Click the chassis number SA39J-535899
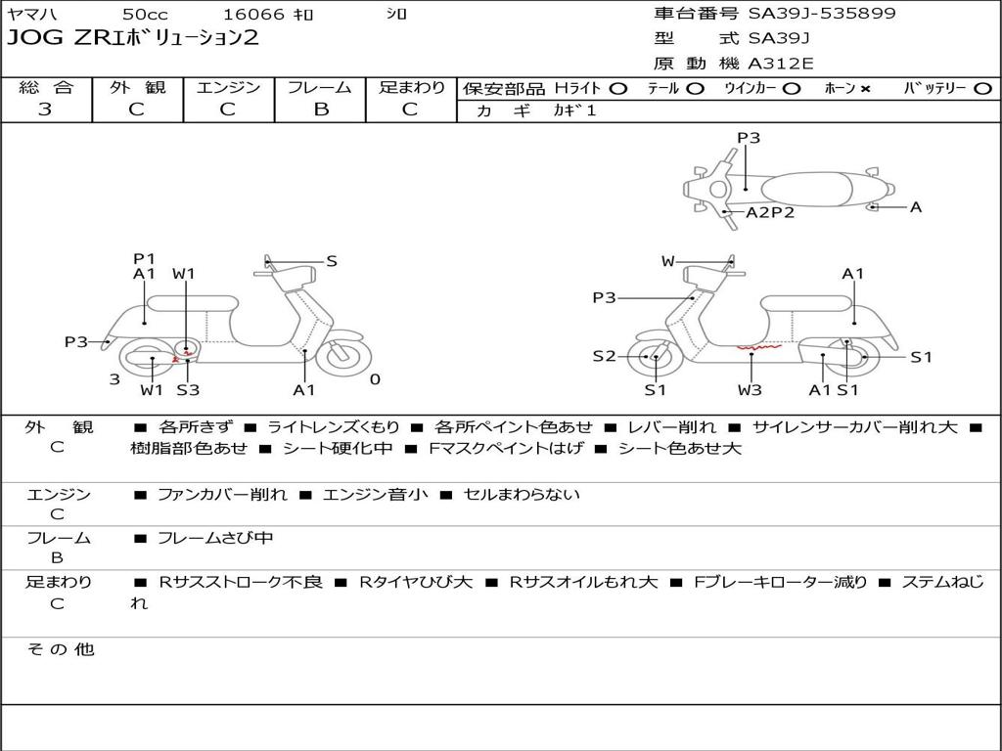tap(822, 14)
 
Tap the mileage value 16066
tap(253, 15)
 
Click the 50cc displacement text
tap(144, 15)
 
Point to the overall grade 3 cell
tap(45, 110)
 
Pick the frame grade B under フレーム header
tap(320, 110)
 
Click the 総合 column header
tap(46, 88)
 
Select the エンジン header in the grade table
tap(228, 88)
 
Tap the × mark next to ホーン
tap(865, 89)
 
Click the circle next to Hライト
tap(618, 89)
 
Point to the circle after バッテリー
tap(982, 89)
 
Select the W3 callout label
tap(751, 390)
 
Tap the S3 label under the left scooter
tap(188, 390)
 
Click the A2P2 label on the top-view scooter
tap(770, 212)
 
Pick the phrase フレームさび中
tap(215, 538)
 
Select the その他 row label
tap(60, 649)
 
